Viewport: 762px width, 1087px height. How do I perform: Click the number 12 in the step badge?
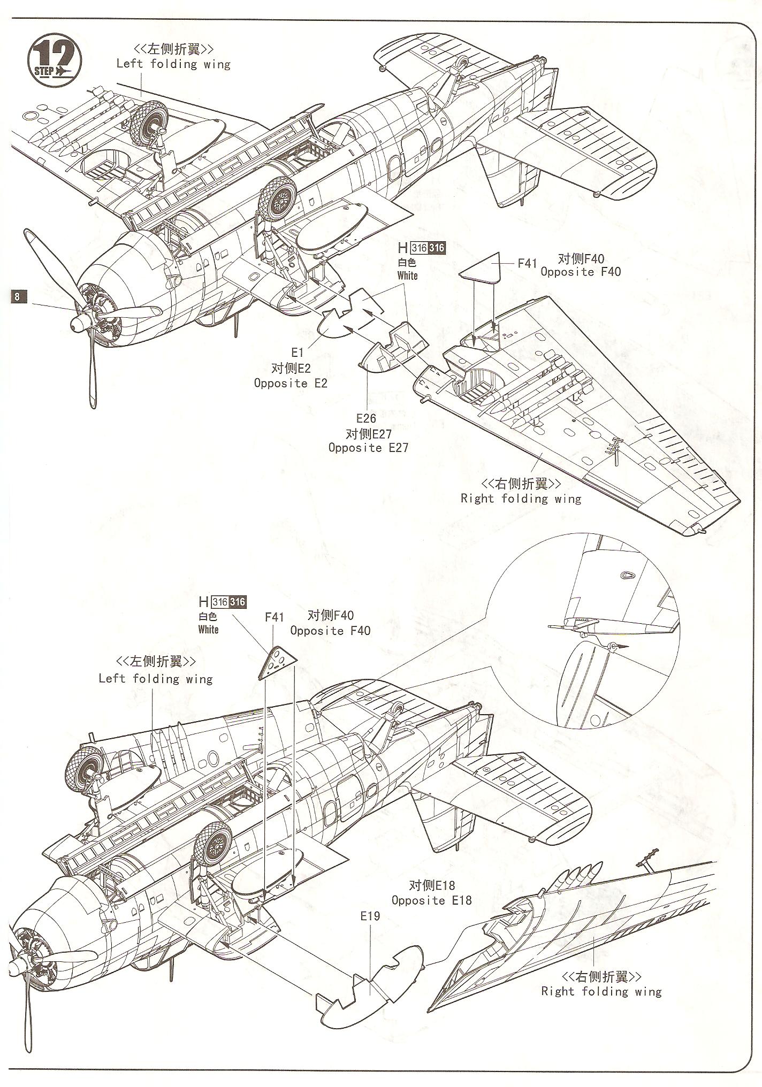pyautogui.click(x=55, y=55)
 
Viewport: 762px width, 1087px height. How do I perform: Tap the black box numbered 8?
pyautogui.click(x=18, y=296)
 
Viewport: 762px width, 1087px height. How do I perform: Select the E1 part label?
pyautogui.click(x=298, y=352)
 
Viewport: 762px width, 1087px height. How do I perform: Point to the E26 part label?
pyautogui.click(x=367, y=418)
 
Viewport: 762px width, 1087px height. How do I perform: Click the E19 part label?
pyautogui.click(x=370, y=916)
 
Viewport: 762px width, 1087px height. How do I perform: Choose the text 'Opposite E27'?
pyautogui.click(x=368, y=448)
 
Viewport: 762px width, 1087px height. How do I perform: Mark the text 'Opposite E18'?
pyautogui.click(x=431, y=900)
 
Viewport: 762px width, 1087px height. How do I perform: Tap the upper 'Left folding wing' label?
pyautogui.click(x=173, y=64)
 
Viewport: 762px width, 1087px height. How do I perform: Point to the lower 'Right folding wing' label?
pyautogui.click(x=601, y=991)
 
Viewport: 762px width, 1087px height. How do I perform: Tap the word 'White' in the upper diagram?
pyautogui.click(x=407, y=275)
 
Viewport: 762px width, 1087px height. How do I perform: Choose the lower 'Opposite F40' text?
pyautogui.click(x=330, y=631)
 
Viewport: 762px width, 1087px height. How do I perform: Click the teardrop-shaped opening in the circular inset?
pyautogui.click(x=626, y=575)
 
